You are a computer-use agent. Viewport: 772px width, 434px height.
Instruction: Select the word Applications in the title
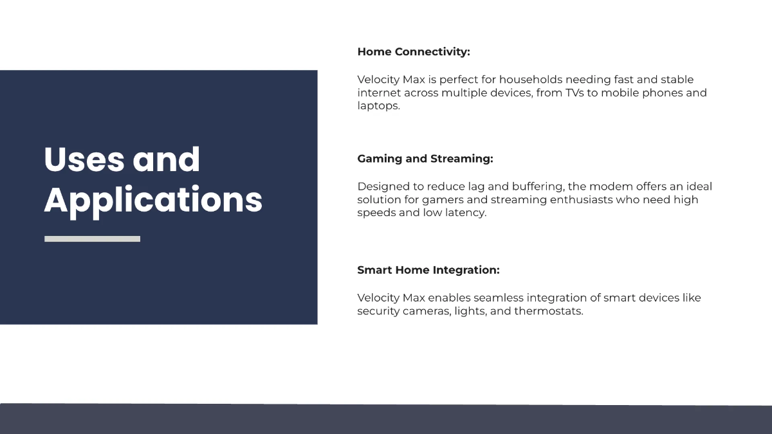coord(153,200)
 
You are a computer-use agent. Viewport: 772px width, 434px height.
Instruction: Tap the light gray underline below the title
coord(92,239)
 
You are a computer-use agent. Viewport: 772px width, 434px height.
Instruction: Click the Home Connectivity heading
coord(414,52)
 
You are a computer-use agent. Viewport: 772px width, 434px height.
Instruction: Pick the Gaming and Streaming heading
coord(425,159)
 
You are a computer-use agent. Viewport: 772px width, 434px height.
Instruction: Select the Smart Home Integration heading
coord(428,270)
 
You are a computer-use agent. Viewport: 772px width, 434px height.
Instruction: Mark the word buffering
coord(538,186)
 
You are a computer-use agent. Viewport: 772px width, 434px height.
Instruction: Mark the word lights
coord(471,311)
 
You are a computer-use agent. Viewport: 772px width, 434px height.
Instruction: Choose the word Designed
coord(383,186)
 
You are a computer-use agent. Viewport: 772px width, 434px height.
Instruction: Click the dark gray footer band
coord(386,419)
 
